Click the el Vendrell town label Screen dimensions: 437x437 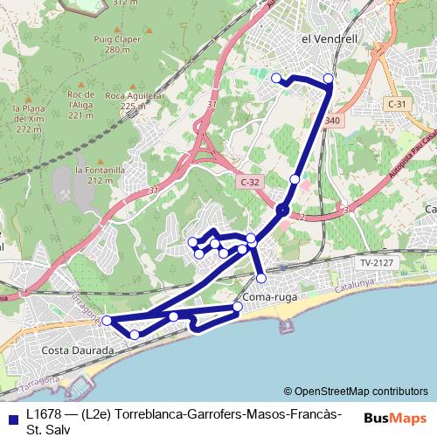(x=330, y=39)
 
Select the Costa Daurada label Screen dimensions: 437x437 (x=78, y=350)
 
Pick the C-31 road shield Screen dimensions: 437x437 (x=397, y=104)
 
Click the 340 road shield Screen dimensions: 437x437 (x=331, y=121)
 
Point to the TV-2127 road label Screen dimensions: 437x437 (x=377, y=261)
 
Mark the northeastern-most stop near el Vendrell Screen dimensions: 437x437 (x=329, y=79)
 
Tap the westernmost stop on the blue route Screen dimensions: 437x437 (x=107, y=321)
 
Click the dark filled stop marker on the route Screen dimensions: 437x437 (x=282, y=210)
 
